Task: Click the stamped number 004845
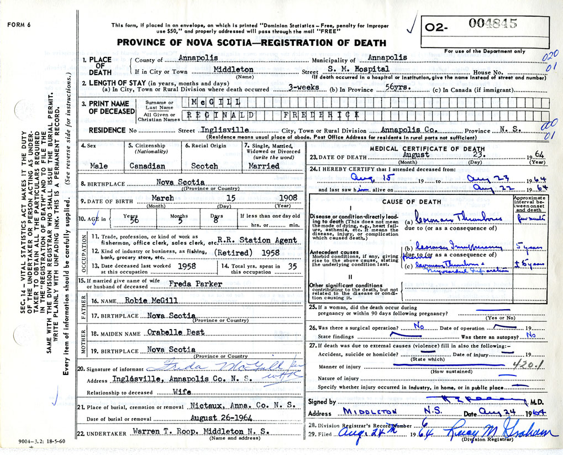click(x=493, y=23)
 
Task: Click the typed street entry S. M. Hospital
click(x=364, y=69)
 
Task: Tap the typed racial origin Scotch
click(x=204, y=166)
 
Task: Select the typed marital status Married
click(x=264, y=166)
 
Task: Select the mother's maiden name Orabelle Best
click(x=176, y=332)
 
